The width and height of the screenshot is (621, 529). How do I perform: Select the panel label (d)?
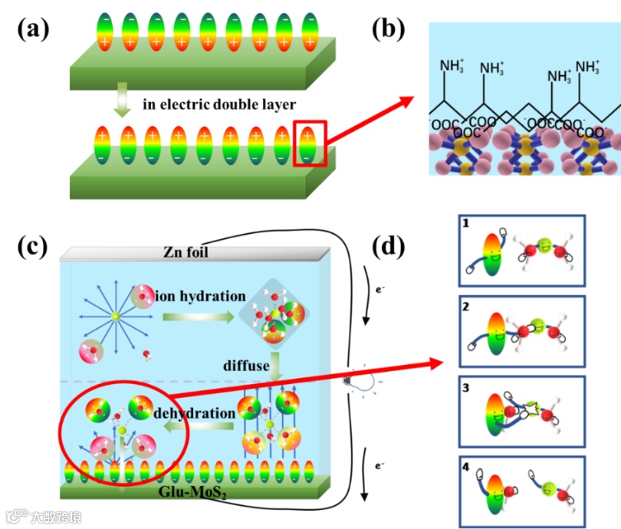390,246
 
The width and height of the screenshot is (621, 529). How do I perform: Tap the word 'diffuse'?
248,366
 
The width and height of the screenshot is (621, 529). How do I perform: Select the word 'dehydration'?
195,414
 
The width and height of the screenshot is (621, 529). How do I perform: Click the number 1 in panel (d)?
465,222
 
